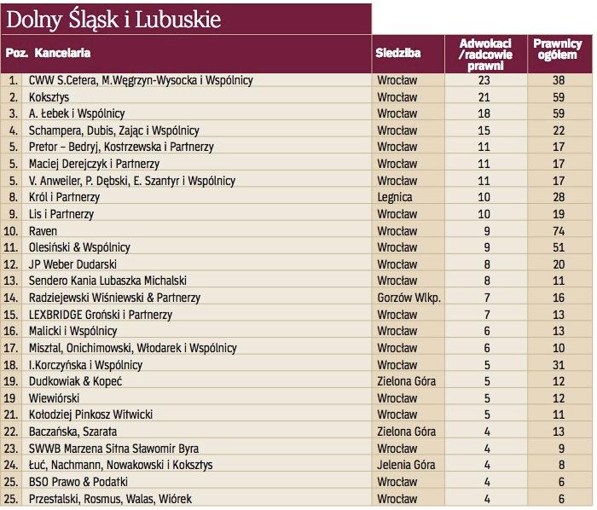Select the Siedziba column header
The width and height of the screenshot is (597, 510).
pyautogui.click(x=398, y=53)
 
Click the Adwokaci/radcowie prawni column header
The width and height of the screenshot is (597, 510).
pyautogui.click(x=484, y=53)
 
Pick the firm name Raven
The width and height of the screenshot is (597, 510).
pyautogui.click(x=43, y=230)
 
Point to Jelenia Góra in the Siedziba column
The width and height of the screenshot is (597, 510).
pyautogui.click(x=406, y=465)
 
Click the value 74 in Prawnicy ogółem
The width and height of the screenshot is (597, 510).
pyautogui.click(x=559, y=230)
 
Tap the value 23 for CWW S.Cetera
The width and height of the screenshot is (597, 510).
pyautogui.click(x=484, y=80)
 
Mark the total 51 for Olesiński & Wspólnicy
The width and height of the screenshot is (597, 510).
pyautogui.click(x=559, y=247)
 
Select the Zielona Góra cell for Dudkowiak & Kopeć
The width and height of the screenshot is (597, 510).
pyautogui.click(x=405, y=381)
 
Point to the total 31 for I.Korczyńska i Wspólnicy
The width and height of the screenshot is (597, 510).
pyautogui.click(x=559, y=364)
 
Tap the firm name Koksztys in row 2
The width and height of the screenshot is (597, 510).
pyautogui.click(x=49, y=97)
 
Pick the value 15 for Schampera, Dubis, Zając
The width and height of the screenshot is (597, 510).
pyautogui.click(x=484, y=130)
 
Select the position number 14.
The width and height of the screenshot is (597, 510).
pyautogui.click(x=12, y=297)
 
